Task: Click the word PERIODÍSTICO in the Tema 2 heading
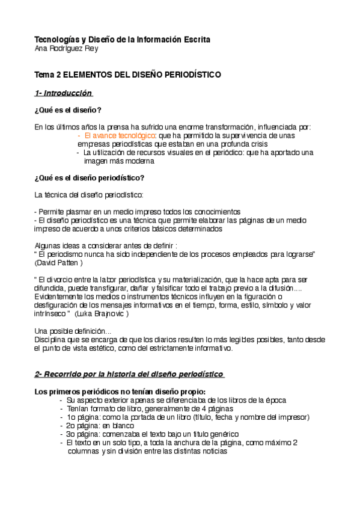point(183,75)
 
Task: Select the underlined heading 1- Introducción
point(63,93)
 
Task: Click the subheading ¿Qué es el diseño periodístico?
point(90,178)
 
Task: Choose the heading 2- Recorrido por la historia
point(129,375)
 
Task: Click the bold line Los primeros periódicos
point(120,392)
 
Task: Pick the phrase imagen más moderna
point(119,161)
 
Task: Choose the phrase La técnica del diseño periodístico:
point(89,195)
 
